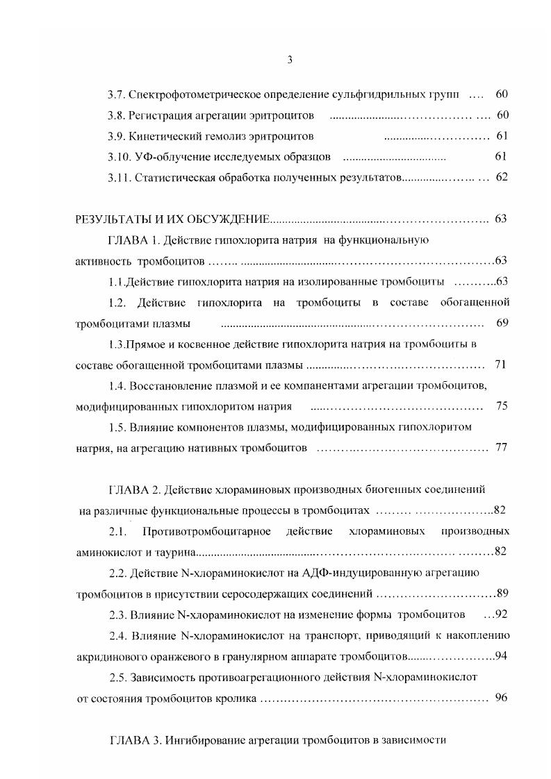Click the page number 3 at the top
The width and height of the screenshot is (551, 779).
290,60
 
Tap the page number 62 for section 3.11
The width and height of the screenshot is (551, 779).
502,177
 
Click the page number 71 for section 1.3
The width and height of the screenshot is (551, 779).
501,365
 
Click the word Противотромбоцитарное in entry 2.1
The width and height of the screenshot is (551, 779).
204,532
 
